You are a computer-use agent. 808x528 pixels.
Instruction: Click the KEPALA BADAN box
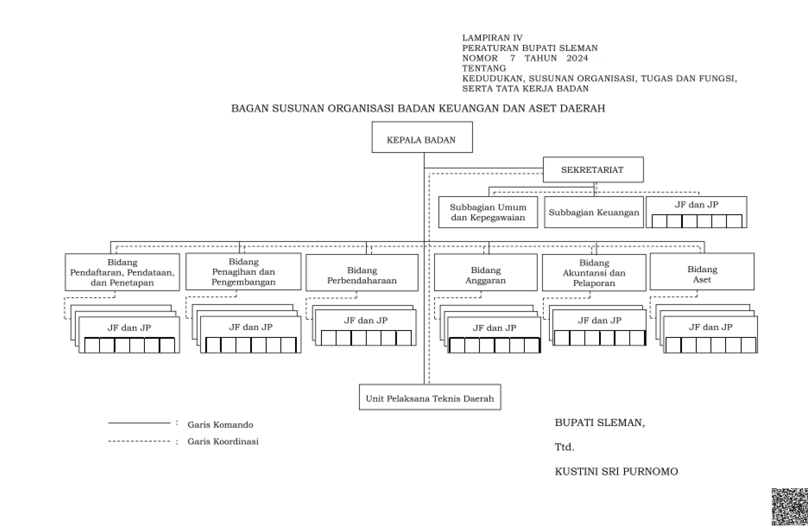coord(422,137)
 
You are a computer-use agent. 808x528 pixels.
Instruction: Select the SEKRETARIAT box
coord(593,170)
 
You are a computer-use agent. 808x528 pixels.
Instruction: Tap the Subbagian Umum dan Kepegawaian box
coord(488,212)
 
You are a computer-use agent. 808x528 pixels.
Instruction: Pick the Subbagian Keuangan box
coord(594,212)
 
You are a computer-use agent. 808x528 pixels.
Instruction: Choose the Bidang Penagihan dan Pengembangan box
coord(243,271)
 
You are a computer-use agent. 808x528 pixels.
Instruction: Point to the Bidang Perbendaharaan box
coord(362,273)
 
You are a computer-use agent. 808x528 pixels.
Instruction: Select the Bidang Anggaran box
coord(486,272)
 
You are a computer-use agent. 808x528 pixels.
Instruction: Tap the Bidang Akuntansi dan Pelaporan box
coord(594,273)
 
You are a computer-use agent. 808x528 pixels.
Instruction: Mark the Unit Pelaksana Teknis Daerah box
coord(430,397)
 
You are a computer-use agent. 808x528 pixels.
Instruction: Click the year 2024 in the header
coord(577,58)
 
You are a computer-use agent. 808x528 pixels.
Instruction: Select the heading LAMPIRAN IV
coord(492,38)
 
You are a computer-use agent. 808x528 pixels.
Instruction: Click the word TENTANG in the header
coord(484,68)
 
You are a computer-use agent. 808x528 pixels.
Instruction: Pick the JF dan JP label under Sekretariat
coord(696,204)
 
